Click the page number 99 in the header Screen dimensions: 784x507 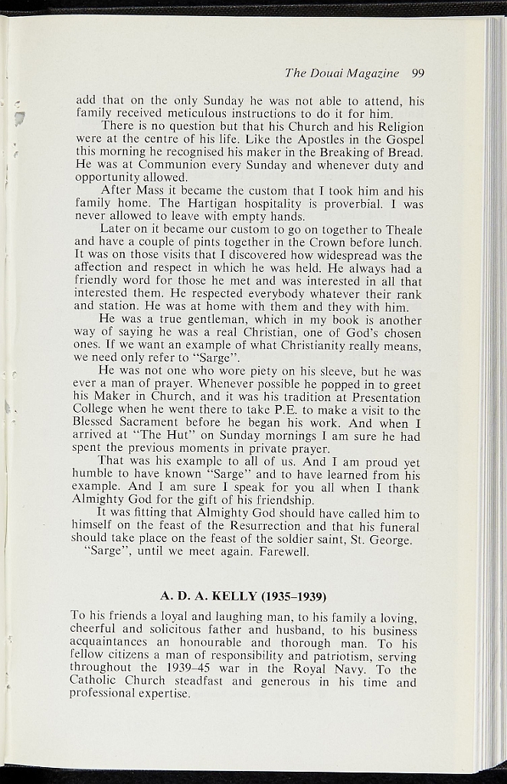tap(417, 73)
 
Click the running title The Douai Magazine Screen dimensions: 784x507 tap(342, 73)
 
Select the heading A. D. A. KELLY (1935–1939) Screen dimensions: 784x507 tap(244, 596)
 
